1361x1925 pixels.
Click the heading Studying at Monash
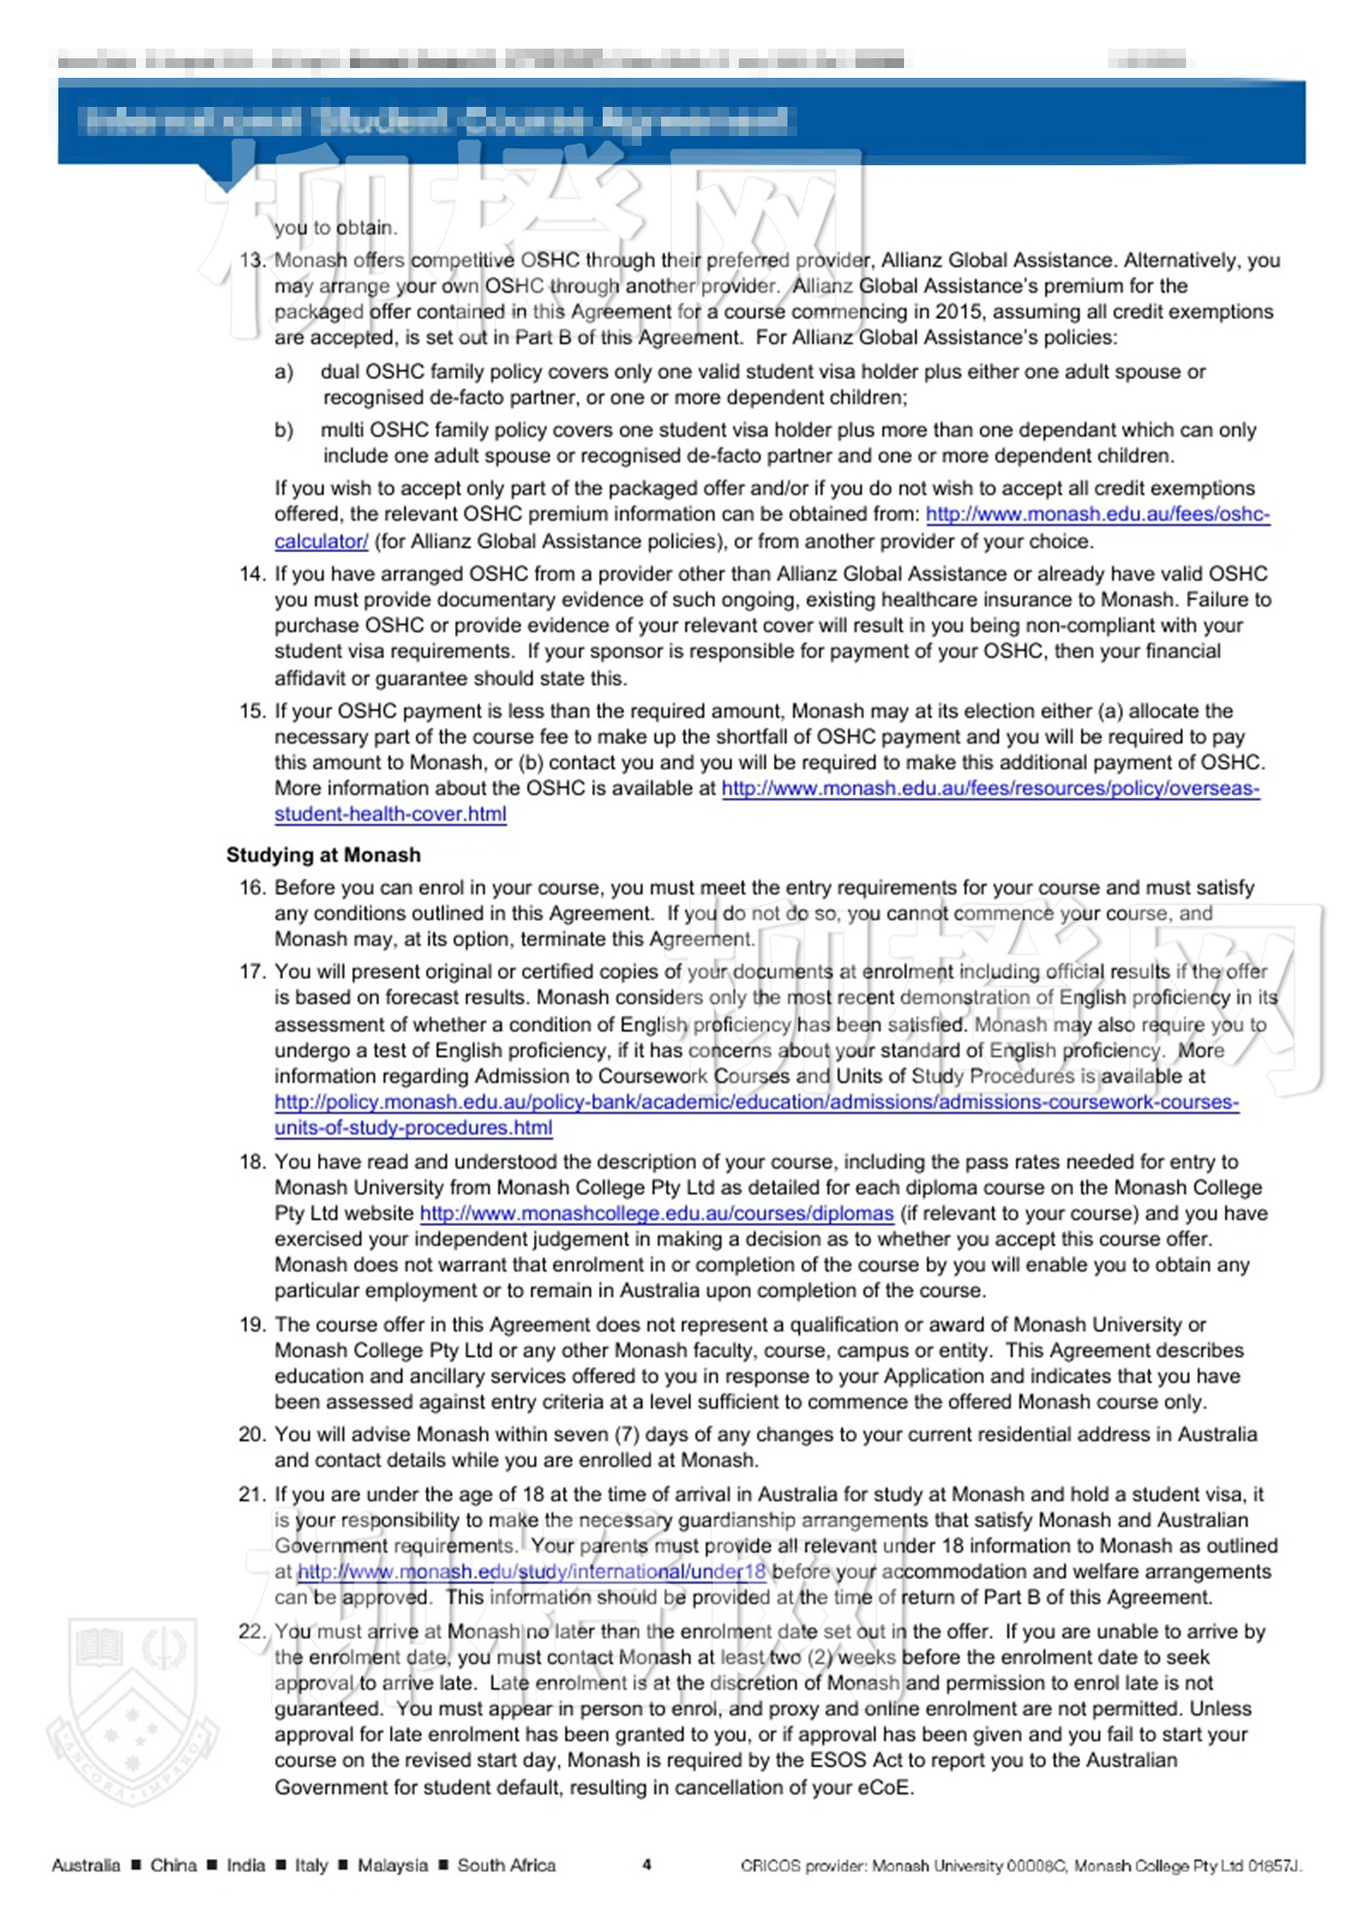pos(324,856)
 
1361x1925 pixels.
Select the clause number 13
pos(252,261)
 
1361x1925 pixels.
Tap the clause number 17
pos(252,971)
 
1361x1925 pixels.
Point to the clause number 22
pos(252,1631)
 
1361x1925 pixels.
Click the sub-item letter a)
pos(284,372)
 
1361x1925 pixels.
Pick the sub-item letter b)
pos(284,431)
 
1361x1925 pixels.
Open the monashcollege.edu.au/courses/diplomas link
pos(656,1213)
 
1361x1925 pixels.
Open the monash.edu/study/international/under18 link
pos(532,1572)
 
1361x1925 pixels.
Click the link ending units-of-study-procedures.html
pos(413,1128)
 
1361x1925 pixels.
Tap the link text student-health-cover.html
pos(390,815)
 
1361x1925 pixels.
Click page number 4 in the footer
pos(646,1864)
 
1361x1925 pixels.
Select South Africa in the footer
pos(506,1865)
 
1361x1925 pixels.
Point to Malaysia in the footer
pos(392,1865)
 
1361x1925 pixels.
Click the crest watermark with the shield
pos(132,1711)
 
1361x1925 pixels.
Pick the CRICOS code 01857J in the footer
pos(1274,1866)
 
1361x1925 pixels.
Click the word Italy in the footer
pos(311,1865)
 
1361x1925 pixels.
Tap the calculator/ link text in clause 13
pos(321,542)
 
